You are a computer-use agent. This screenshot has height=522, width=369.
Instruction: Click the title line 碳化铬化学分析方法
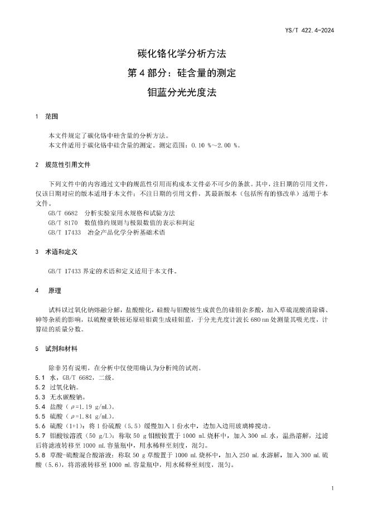[x=184, y=54]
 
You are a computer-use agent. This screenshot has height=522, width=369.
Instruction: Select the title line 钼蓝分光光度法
[x=184, y=93]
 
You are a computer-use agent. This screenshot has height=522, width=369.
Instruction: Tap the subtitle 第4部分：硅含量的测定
[x=184, y=74]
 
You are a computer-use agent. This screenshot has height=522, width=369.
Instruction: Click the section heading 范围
[x=51, y=117]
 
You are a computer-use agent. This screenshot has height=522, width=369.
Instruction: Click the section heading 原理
[x=54, y=291]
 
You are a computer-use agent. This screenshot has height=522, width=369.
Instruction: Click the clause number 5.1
[x=40, y=378]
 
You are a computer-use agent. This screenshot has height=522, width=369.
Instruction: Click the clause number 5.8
[x=40, y=455]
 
